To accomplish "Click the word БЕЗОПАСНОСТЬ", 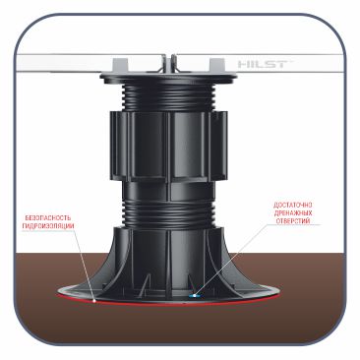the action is click(48, 217).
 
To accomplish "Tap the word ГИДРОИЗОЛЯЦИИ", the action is click(48, 226).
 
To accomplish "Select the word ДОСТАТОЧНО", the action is click(293, 206).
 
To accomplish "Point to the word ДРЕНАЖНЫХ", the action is click(293, 213).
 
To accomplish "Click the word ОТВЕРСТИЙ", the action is click(293, 221).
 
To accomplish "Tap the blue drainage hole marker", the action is click(196, 296).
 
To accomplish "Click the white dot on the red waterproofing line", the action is click(94, 300).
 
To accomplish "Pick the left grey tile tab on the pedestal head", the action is click(120, 65).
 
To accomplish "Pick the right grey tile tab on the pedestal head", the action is click(217, 65).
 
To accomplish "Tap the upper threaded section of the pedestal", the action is click(169, 96).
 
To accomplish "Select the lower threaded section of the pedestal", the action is click(169, 213).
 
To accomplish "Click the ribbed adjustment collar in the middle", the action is click(169, 146).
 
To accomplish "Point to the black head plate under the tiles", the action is click(169, 78).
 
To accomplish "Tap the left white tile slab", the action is click(89, 63).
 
